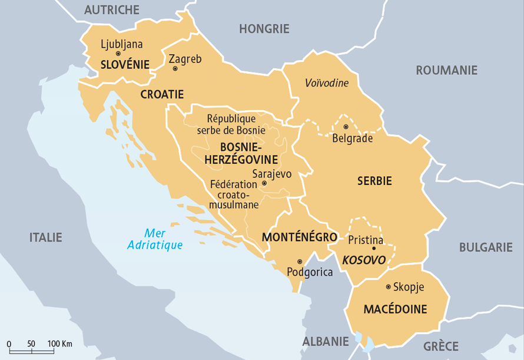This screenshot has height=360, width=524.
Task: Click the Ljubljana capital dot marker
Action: click(x=118, y=54)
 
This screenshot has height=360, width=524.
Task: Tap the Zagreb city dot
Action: click(x=175, y=69)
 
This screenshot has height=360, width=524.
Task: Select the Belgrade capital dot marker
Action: click(x=346, y=127)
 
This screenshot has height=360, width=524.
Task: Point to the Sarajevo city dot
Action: click(x=264, y=183)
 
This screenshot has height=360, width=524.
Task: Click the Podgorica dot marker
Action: click(x=300, y=262)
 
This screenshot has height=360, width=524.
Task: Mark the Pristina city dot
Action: click(x=374, y=249)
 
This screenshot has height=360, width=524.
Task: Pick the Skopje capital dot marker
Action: click(x=387, y=287)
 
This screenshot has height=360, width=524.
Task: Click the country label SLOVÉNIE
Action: click(x=124, y=64)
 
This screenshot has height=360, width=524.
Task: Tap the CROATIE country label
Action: click(x=162, y=94)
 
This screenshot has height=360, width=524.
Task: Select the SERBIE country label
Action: click(x=374, y=181)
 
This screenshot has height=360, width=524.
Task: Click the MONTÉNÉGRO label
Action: click(x=300, y=237)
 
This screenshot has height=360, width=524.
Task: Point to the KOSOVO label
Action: click(x=364, y=260)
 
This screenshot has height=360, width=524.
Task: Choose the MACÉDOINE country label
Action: click(x=395, y=309)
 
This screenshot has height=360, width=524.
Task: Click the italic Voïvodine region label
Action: click(x=327, y=83)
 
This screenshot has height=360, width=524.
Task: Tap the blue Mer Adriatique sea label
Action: click(x=155, y=239)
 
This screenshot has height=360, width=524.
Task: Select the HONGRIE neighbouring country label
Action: click(x=264, y=28)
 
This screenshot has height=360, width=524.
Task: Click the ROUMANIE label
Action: click(x=446, y=70)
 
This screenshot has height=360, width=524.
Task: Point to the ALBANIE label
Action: click(x=326, y=341)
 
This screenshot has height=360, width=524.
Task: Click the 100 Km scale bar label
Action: click(x=60, y=344)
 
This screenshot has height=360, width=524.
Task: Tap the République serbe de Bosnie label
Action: click(x=231, y=124)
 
